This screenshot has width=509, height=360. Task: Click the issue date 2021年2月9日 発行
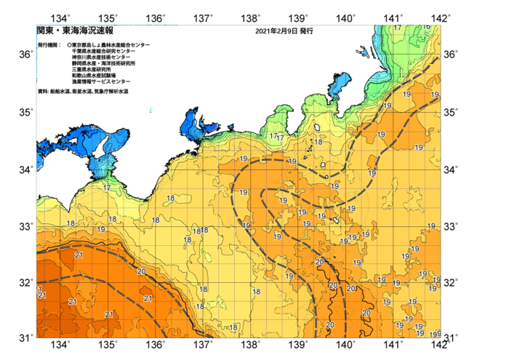[283, 32]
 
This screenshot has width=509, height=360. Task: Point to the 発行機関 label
[49, 45]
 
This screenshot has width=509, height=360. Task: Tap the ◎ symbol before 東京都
[68, 45]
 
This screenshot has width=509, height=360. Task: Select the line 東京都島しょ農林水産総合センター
[111, 45]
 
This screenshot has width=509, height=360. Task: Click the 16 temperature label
[426, 27]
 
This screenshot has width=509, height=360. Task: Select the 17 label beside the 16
[398, 28]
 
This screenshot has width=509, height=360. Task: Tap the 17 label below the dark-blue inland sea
[107, 188]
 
